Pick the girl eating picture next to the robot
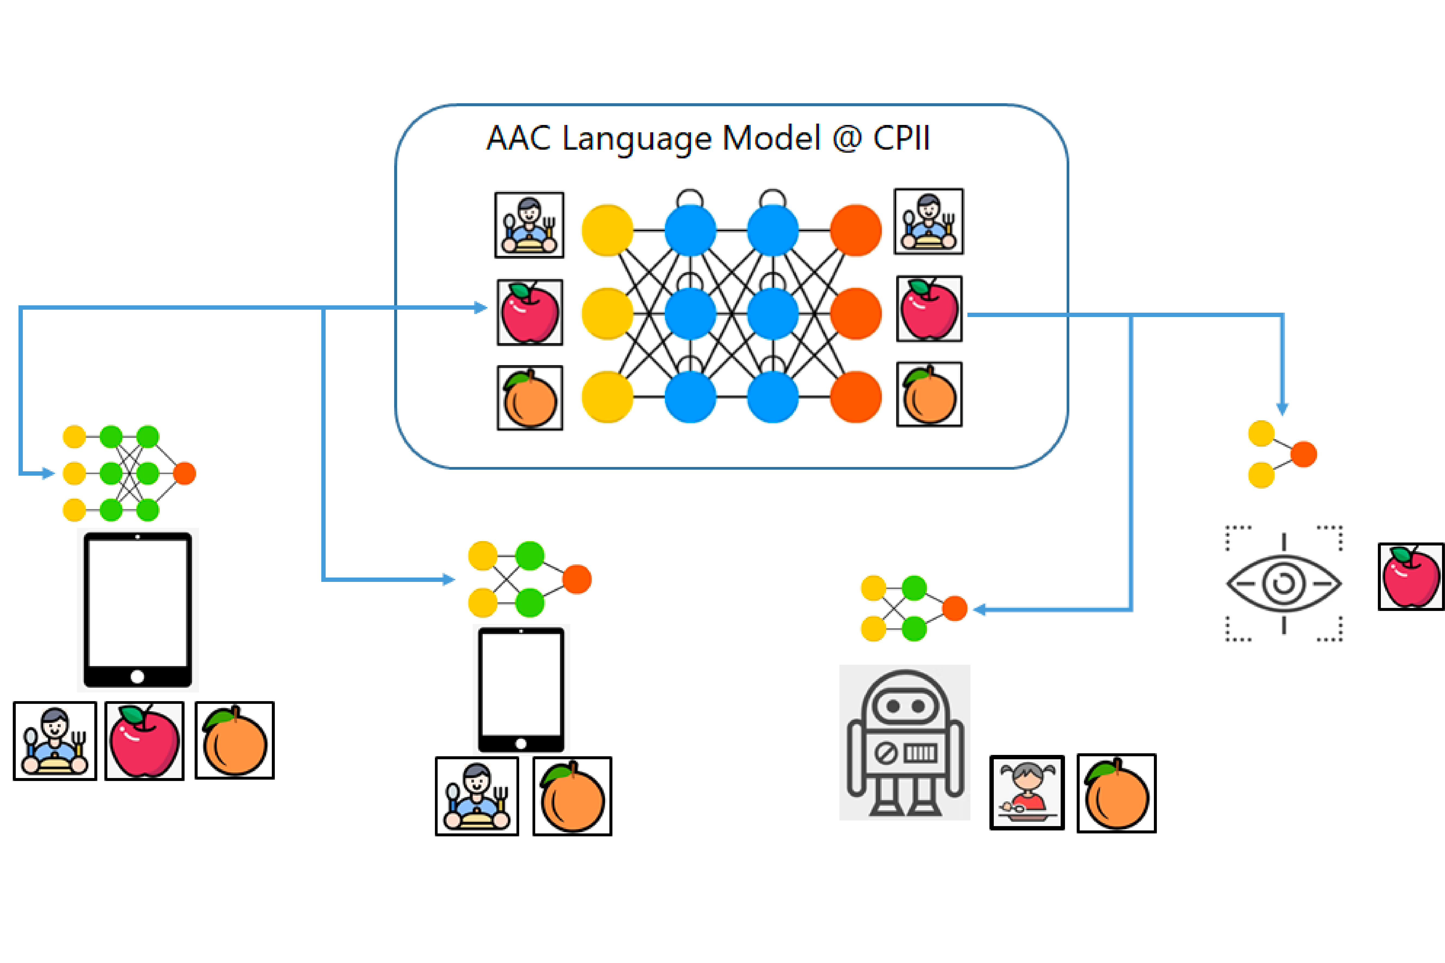click(1027, 793)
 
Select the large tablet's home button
click(138, 677)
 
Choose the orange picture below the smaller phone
click(572, 796)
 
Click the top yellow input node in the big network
click(607, 230)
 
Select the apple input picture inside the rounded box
click(530, 313)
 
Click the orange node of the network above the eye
click(1303, 454)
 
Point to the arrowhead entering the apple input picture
click(481, 308)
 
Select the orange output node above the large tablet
click(184, 473)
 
